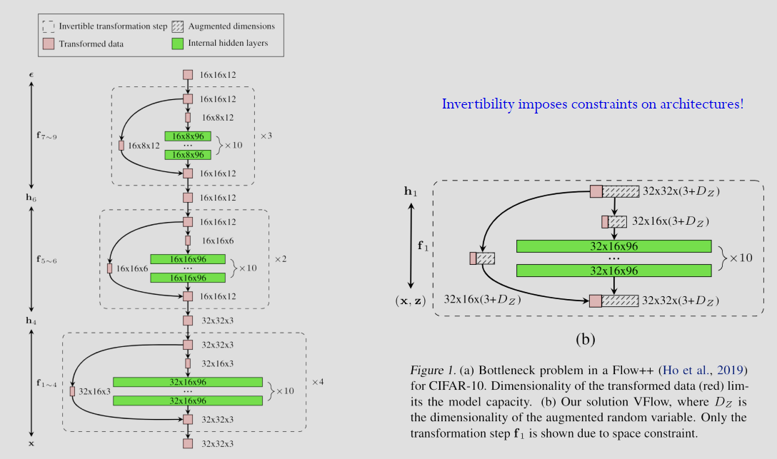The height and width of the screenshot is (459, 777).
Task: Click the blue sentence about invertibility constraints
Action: coord(592,104)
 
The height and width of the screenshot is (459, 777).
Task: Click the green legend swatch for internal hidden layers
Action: coord(178,44)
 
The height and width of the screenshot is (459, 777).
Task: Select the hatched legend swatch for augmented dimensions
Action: coord(178,26)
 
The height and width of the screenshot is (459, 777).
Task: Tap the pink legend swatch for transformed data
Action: coord(49,44)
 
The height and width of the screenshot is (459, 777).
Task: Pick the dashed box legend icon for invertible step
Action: coord(49,26)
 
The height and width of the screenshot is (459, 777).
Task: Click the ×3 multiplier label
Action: coord(266,135)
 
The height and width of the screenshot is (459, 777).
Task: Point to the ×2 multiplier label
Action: coord(281,258)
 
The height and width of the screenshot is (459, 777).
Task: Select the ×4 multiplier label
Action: coord(318,382)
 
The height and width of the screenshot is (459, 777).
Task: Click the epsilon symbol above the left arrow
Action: coord(31,74)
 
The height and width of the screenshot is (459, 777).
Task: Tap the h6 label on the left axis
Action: coord(31,197)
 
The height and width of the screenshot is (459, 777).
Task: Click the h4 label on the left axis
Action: coord(31,321)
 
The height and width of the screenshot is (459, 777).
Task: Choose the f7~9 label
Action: coord(46,135)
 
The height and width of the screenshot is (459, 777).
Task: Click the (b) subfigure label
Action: coord(585,338)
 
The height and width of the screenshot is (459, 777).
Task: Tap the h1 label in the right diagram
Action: coord(411,191)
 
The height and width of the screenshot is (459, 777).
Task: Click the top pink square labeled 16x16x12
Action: coord(188,74)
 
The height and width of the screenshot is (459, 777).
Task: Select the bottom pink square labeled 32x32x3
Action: coord(188,443)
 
